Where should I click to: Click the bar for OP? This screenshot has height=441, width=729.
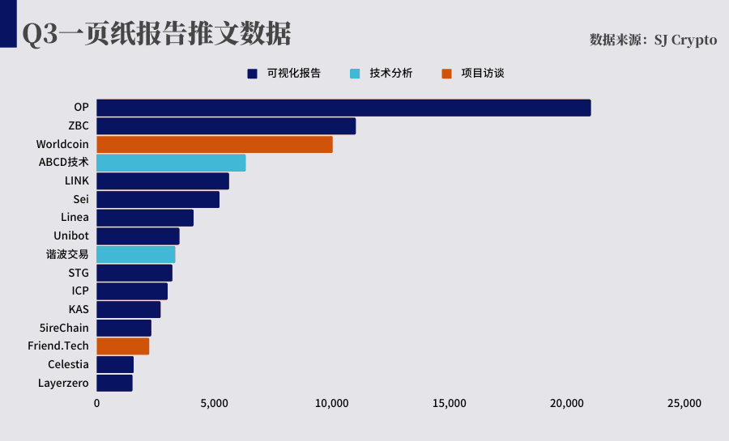point(343,108)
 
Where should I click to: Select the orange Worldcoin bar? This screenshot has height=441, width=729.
point(215,144)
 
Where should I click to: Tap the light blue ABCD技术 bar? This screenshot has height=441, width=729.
point(171,163)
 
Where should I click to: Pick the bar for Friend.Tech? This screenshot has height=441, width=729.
point(123,346)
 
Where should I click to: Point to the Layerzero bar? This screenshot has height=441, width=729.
point(114,383)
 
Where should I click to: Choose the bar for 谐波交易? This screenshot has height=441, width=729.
point(136,254)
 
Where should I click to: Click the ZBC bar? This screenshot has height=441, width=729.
point(226,126)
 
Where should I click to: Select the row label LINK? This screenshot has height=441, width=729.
point(77,180)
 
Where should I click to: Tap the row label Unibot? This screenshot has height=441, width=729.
point(71,235)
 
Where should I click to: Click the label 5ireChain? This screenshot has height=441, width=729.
point(64,328)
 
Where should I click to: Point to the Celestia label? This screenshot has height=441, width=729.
point(68,364)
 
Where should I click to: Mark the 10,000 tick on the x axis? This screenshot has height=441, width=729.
point(331,404)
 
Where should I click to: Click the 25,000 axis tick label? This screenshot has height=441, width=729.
point(684,404)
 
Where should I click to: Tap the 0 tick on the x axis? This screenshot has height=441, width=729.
point(96,404)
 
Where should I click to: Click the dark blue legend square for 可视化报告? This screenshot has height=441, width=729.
point(253,74)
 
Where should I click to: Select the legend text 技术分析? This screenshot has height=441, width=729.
point(391,74)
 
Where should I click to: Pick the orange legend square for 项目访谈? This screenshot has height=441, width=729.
point(447,74)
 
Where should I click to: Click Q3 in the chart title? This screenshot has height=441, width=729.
point(40,34)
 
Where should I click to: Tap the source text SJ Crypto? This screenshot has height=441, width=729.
point(685,40)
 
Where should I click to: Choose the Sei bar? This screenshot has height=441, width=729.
point(158,200)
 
